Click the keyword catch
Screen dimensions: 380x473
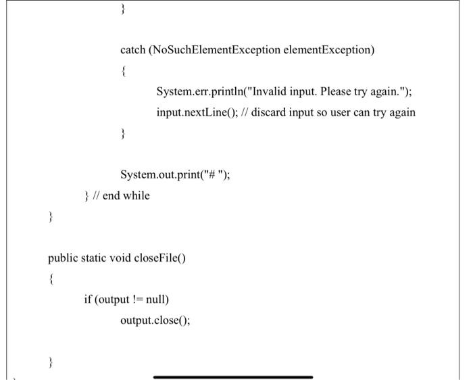click(132, 50)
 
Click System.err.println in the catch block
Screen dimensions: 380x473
click(201, 91)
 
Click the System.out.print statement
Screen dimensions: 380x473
click(175, 174)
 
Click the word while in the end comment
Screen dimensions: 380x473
click(136, 195)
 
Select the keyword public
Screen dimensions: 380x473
click(63, 258)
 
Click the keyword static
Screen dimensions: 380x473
click(96, 258)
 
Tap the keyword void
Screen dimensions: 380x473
click(126, 258)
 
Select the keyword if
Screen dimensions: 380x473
click(89, 299)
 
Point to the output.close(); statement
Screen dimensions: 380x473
click(155, 320)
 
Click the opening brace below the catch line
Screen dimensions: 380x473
click(122, 71)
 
